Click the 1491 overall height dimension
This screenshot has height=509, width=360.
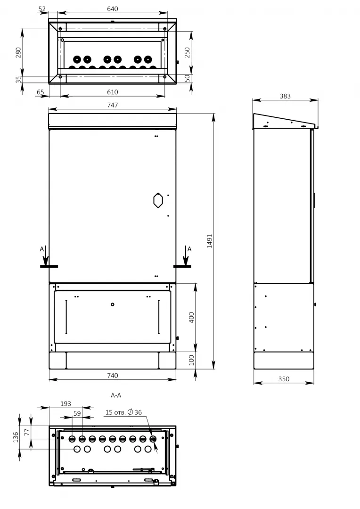210,241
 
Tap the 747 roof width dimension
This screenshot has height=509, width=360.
113,105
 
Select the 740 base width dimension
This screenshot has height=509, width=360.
113,376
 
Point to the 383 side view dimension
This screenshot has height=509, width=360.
285,96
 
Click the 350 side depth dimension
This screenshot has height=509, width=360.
284,379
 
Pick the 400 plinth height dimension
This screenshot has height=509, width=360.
191,318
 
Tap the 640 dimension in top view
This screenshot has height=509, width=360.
113,9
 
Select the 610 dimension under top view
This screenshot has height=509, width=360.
113,92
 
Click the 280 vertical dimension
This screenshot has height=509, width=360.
18,53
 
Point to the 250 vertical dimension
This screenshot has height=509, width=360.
188,53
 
